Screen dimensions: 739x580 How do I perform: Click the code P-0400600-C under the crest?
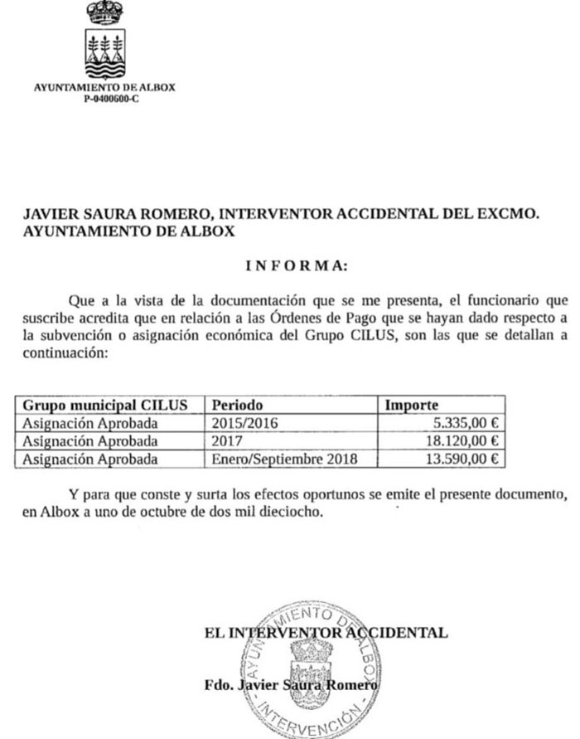click(104, 99)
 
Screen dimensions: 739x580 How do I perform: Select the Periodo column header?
click(237, 405)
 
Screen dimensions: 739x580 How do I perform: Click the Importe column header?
click(412, 405)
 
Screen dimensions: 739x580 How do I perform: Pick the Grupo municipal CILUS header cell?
click(105, 405)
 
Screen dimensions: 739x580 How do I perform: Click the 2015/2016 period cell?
click(245, 423)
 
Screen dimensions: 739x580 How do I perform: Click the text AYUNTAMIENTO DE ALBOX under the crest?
click(104, 88)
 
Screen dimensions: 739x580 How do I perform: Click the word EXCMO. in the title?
click(510, 214)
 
